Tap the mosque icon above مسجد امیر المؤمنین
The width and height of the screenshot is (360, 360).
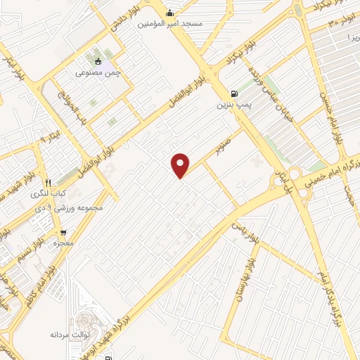[x=169, y=13]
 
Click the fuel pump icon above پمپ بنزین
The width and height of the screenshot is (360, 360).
[x=233, y=93]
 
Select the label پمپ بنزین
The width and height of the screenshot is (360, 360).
[x=233, y=105]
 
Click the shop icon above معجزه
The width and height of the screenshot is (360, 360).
[x=64, y=232]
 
